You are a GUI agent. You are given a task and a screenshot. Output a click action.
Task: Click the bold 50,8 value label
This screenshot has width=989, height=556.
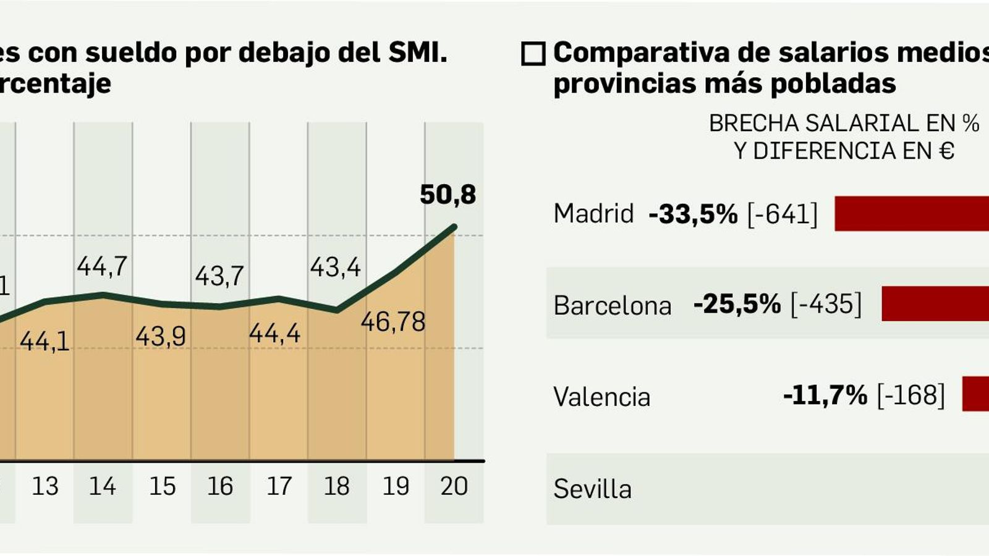448,195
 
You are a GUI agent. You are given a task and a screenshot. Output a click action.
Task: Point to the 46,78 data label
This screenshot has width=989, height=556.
393,322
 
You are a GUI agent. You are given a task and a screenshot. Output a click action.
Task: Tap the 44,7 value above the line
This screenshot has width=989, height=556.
102,266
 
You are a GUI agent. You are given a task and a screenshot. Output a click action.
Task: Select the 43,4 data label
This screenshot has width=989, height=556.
336,267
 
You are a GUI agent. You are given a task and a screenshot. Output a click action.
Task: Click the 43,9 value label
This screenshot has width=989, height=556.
161,337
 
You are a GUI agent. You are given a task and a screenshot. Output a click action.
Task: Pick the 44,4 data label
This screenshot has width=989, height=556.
274,334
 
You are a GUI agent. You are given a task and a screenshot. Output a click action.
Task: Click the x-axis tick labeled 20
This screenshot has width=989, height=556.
454,487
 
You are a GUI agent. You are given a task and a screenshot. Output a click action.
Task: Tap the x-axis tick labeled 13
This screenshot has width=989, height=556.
45,487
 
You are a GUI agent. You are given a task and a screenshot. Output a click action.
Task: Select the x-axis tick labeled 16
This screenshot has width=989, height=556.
220,487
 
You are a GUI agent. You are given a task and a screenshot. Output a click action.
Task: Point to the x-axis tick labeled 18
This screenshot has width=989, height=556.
337,487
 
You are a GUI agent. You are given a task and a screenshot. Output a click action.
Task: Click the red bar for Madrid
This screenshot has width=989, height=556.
912,214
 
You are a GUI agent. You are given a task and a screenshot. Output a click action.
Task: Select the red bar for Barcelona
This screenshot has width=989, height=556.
935,304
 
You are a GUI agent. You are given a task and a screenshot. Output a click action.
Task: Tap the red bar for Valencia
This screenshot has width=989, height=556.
975,394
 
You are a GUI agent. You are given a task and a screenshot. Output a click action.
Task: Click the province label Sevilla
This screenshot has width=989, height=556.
592,489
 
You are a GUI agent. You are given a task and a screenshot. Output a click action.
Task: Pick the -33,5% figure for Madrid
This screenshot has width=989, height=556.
693,214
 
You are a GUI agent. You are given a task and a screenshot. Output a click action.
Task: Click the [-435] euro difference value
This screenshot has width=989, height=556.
826,305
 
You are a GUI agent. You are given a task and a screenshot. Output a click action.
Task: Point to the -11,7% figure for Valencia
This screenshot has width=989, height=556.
825,395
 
